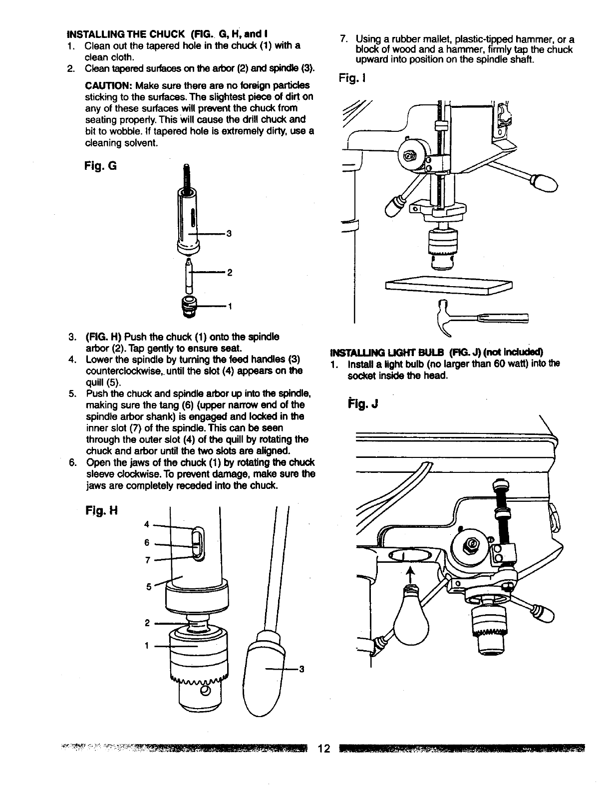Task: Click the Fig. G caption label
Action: [102, 165]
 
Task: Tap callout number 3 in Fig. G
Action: [229, 233]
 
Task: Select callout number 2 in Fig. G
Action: [229, 273]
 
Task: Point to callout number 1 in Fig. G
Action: [229, 306]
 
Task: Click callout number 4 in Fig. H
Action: [146, 524]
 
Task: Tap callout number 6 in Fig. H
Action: [147, 542]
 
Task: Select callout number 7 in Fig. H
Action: [147, 560]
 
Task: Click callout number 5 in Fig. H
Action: [148, 587]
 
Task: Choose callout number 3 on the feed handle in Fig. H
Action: [302, 670]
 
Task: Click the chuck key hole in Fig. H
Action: [205, 691]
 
